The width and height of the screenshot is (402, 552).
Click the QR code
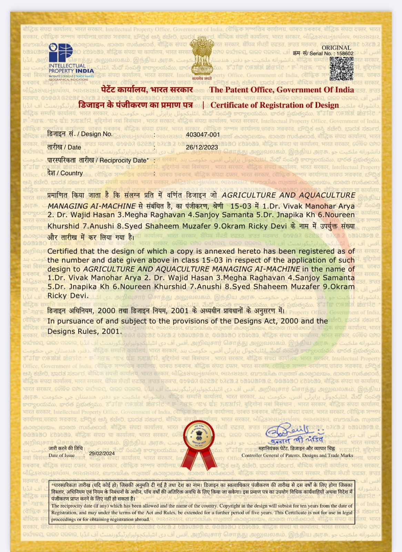341,69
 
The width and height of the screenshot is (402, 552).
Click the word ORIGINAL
336,48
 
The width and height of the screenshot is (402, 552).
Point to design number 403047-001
203,134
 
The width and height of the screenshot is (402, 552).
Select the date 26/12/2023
202,147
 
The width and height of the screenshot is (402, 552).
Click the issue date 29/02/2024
102,453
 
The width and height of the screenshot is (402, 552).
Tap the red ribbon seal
200,442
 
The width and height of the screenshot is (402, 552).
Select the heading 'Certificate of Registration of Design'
275,105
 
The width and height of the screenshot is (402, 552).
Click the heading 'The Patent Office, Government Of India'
282,90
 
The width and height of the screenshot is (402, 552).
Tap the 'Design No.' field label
80,134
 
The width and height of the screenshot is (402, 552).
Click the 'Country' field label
65,173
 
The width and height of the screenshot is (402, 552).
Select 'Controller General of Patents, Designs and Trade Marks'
297,455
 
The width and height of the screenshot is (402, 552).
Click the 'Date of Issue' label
62,455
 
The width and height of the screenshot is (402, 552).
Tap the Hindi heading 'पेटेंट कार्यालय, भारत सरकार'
147,90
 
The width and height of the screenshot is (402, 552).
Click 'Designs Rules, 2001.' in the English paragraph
84,332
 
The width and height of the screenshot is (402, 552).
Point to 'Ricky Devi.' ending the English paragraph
68,296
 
